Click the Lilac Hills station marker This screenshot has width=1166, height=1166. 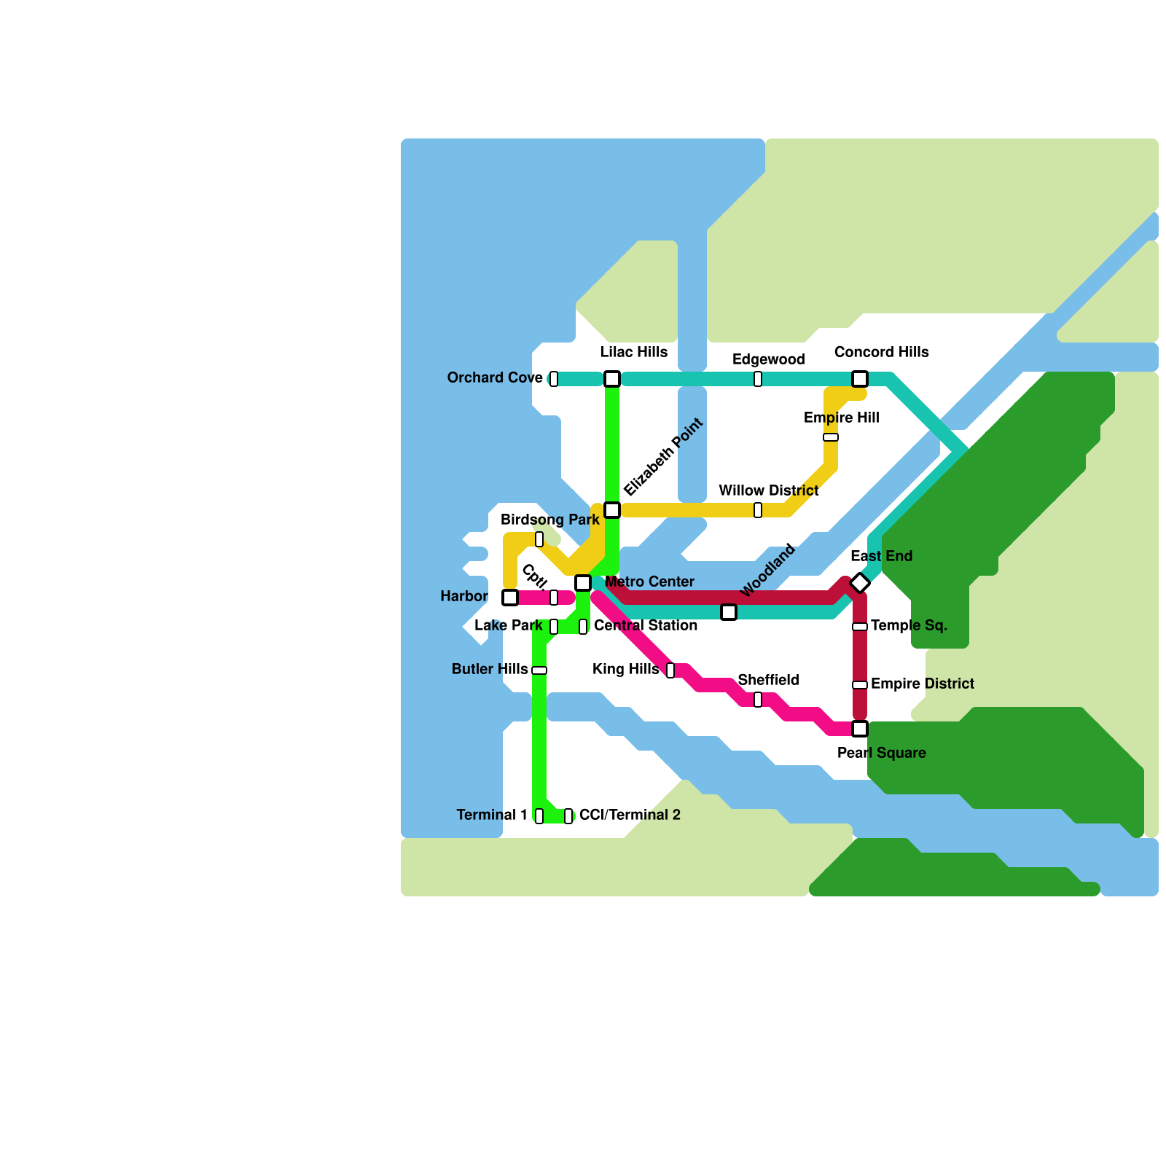click(x=612, y=379)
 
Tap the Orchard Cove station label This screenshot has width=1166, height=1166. click(x=495, y=377)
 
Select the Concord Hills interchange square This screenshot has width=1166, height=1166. click(x=860, y=379)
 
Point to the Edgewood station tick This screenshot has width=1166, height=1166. click(x=758, y=379)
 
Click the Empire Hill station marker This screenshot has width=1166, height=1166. click(x=831, y=437)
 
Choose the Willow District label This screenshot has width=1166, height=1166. click(x=768, y=490)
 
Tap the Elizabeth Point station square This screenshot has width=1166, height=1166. click(x=612, y=510)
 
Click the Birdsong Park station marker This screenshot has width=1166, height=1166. click(x=539, y=539)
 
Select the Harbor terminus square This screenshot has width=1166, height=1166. click(x=510, y=598)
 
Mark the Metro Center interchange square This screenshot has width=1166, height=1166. click(x=583, y=583)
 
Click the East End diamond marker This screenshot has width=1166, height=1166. click(x=860, y=583)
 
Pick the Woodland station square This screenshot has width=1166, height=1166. click(x=729, y=612)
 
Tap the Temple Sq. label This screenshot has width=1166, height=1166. click(x=909, y=625)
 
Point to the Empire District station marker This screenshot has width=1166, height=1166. click(x=860, y=685)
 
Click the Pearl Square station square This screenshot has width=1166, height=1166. click(x=860, y=729)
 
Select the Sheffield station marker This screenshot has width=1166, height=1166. click(x=758, y=700)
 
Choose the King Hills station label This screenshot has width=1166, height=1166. click(x=625, y=669)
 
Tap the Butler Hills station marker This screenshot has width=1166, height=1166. click(x=539, y=670)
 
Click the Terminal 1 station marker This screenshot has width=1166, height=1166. click(x=539, y=816)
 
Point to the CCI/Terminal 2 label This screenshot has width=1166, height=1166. click(x=630, y=815)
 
